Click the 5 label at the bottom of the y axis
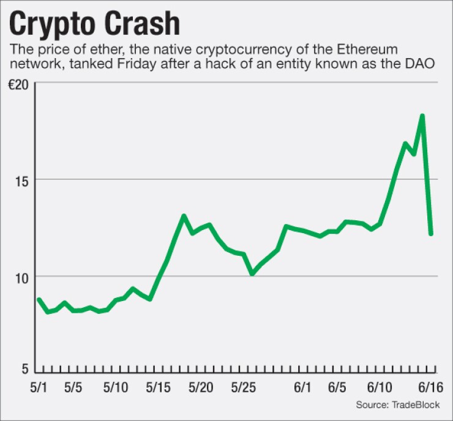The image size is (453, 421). pos(25,369)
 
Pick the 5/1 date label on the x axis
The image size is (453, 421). pos(38,389)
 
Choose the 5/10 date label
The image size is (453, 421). pos(116,389)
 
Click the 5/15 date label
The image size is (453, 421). pos(159,389)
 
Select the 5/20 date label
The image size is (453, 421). pos(201,389)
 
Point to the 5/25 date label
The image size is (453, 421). pos(244,389)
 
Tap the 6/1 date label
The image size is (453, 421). pos(304,389)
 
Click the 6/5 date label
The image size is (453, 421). pos(338,389)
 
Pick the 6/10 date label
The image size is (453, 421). pos(380,389)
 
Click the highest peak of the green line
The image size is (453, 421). pos(422,116)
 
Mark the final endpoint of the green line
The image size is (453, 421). pos(431,233)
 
